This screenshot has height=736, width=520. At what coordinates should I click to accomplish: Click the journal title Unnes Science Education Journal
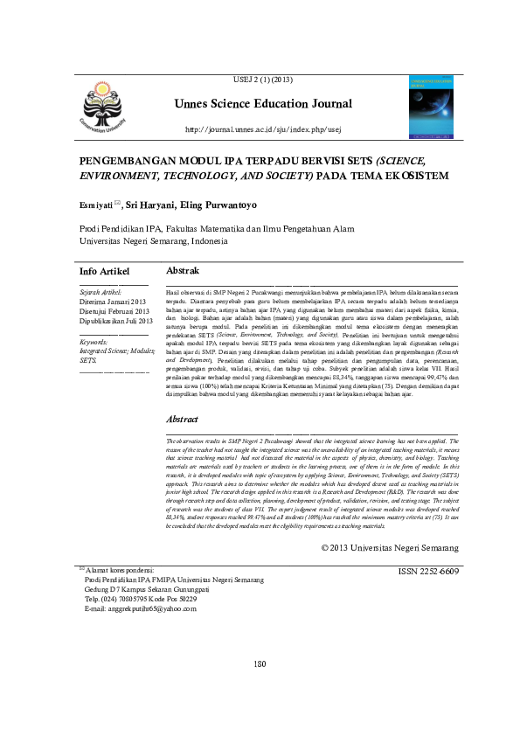(261, 104)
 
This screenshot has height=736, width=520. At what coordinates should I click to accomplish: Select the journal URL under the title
(262, 130)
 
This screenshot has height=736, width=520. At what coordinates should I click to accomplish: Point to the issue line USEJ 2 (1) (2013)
(261, 80)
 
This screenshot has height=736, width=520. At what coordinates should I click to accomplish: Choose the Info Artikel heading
(104, 272)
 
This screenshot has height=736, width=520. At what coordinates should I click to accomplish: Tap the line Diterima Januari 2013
(112, 302)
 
